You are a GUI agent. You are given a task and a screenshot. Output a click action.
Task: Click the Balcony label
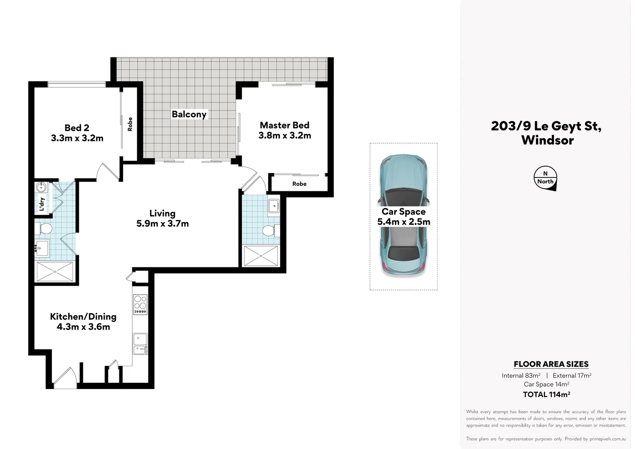(x=189, y=114)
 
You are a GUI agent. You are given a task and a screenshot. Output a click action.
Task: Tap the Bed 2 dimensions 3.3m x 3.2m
(x=77, y=138)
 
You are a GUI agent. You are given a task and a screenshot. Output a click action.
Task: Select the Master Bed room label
(x=285, y=125)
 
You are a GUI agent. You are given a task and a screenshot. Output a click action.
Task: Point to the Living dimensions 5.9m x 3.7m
(x=162, y=224)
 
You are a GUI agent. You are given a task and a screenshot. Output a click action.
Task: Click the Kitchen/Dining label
(x=83, y=316)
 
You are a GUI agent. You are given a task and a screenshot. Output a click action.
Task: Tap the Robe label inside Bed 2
(x=130, y=124)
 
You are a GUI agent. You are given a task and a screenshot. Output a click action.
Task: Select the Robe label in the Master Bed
(x=299, y=184)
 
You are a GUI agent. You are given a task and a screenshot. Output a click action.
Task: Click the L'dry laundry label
(x=42, y=204)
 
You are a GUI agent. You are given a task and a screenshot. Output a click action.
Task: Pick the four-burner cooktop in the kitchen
(x=140, y=305)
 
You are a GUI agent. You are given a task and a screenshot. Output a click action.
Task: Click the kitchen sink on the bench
(x=140, y=344)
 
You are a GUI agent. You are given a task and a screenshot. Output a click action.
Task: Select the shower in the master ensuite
(x=261, y=256)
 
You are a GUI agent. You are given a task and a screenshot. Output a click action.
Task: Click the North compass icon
(x=546, y=179)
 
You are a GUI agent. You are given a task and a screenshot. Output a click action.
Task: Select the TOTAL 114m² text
(x=546, y=395)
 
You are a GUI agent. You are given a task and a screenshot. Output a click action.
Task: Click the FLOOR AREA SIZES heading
(x=551, y=364)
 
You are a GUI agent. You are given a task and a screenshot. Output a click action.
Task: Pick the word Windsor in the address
(x=547, y=140)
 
